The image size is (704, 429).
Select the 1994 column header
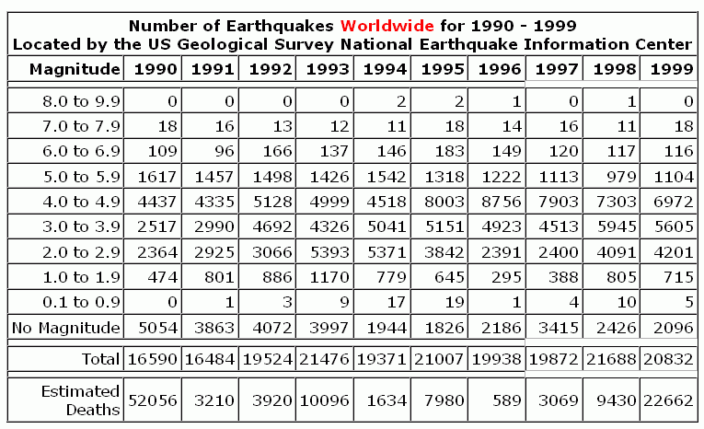point(386,69)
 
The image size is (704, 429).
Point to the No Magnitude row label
point(65,327)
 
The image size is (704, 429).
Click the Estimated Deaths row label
point(81,400)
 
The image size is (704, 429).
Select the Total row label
point(101,359)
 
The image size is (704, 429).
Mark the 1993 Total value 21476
point(328,359)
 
